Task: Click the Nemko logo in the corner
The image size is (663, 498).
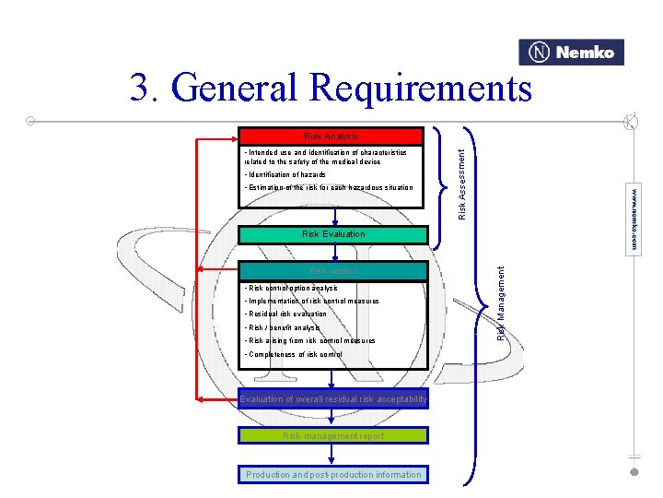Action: coord(571,53)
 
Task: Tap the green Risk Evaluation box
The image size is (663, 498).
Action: coord(333,234)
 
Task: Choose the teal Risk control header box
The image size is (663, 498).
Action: coord(333,271)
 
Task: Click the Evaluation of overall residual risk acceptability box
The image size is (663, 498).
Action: coord(333,399)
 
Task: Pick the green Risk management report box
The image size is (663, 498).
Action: coord(333,435)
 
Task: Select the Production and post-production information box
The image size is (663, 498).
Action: coord(333,475)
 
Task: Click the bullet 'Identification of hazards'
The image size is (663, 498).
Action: coord(285,174)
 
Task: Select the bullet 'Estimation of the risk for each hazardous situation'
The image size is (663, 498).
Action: coord(329,187)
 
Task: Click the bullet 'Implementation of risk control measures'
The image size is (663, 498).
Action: coord(311,302)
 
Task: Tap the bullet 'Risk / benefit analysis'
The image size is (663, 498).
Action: coord(283,327)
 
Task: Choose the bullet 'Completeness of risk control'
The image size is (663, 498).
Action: coord(294,354)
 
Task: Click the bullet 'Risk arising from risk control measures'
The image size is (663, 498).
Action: coord(309,341)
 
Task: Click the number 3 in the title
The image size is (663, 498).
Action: coord(141,89)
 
